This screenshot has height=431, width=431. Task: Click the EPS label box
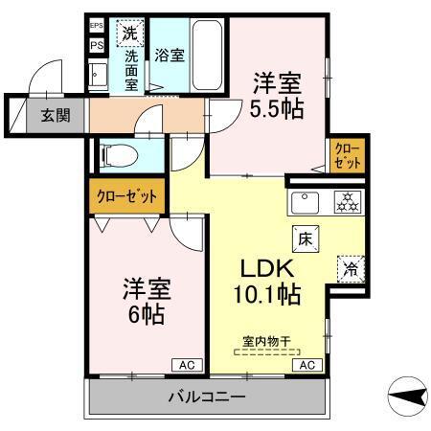click(x=97, y=27)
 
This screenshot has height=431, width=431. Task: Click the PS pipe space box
click(x=97, y=44)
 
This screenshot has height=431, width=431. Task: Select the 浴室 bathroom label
click(x=172, y=56)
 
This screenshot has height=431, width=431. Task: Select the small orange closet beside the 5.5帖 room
click(x=348, y=156)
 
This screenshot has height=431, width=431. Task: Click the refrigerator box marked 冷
click(x=351, y=269)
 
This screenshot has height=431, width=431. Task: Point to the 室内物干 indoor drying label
click(x=267, y=339)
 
